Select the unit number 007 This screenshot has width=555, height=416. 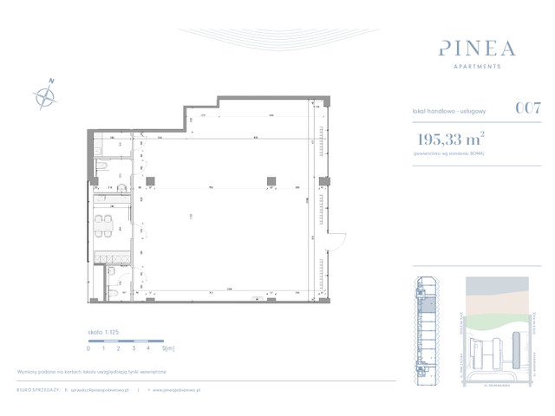click(x=528, y=109)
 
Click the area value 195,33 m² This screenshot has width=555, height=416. click(x=448, y=139)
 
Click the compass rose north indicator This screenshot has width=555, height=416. click(x=43, y=94)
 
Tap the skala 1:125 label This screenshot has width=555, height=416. click(x=103, y=333)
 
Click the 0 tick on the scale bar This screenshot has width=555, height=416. click(x=88, y=348)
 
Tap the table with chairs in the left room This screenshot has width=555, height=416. click(x=103, y=224)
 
